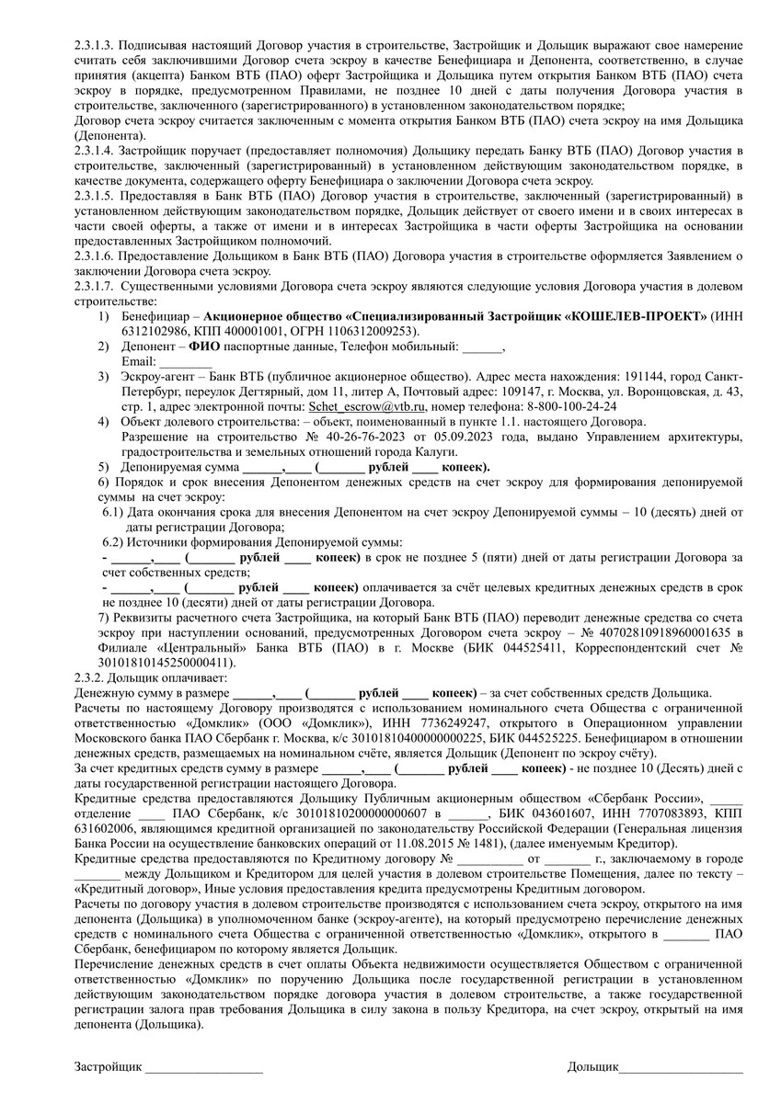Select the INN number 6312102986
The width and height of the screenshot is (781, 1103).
point(155,331)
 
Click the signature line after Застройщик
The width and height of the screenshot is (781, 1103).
point(203,1069)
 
